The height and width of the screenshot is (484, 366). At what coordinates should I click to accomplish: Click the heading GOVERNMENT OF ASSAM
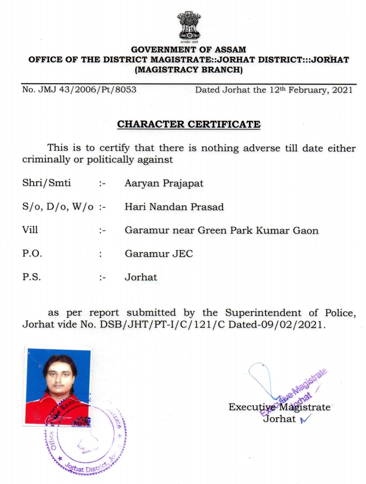coord(188,50)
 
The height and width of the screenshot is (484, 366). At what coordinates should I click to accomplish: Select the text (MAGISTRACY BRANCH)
coord(188,70)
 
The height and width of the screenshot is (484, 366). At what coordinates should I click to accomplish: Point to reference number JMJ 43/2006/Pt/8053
coord(79,90)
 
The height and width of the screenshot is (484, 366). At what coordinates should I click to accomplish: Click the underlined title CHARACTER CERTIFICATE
coord(189,125)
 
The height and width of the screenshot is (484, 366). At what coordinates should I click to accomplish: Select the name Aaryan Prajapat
coord(164,183)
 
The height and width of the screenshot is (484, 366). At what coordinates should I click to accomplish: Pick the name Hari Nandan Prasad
coord(174,207)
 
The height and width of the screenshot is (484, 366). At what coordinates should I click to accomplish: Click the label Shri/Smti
coord(46,183)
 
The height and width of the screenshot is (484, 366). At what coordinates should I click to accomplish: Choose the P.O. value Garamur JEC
coord(159,254)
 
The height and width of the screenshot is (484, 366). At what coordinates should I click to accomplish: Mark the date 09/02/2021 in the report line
coord(298,325)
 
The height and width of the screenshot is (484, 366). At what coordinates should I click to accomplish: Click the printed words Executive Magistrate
coord(280,407)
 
